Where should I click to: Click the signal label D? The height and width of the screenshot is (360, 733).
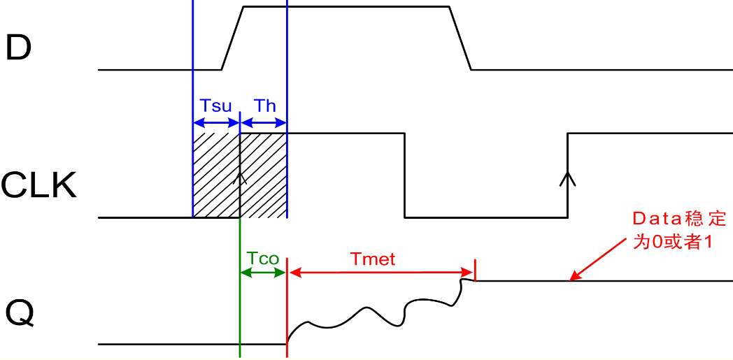tap(18, 48)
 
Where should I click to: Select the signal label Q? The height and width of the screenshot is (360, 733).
tap(20, 313)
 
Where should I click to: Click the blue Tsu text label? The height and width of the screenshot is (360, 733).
tap(215, 106)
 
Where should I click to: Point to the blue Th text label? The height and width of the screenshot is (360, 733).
tap(264, 106)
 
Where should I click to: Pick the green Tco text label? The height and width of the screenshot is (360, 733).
tap(263, 259)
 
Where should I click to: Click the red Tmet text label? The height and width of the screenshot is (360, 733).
tap(373, 259)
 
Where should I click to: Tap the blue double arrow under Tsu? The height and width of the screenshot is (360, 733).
tap(216, 122)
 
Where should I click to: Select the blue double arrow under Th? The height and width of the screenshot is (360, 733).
tap(264, 122)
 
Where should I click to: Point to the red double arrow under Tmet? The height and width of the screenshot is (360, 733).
tap(381, 272)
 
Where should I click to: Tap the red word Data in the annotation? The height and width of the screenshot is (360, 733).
tap(657, 219)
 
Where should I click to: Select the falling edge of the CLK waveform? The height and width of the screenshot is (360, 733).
tap(404, 175)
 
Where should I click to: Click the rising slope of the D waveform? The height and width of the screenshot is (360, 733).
tap(232, 38)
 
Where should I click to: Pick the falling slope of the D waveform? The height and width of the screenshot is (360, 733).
tap(460, 38)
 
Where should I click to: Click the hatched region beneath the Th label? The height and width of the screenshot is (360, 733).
tap(264, 175)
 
